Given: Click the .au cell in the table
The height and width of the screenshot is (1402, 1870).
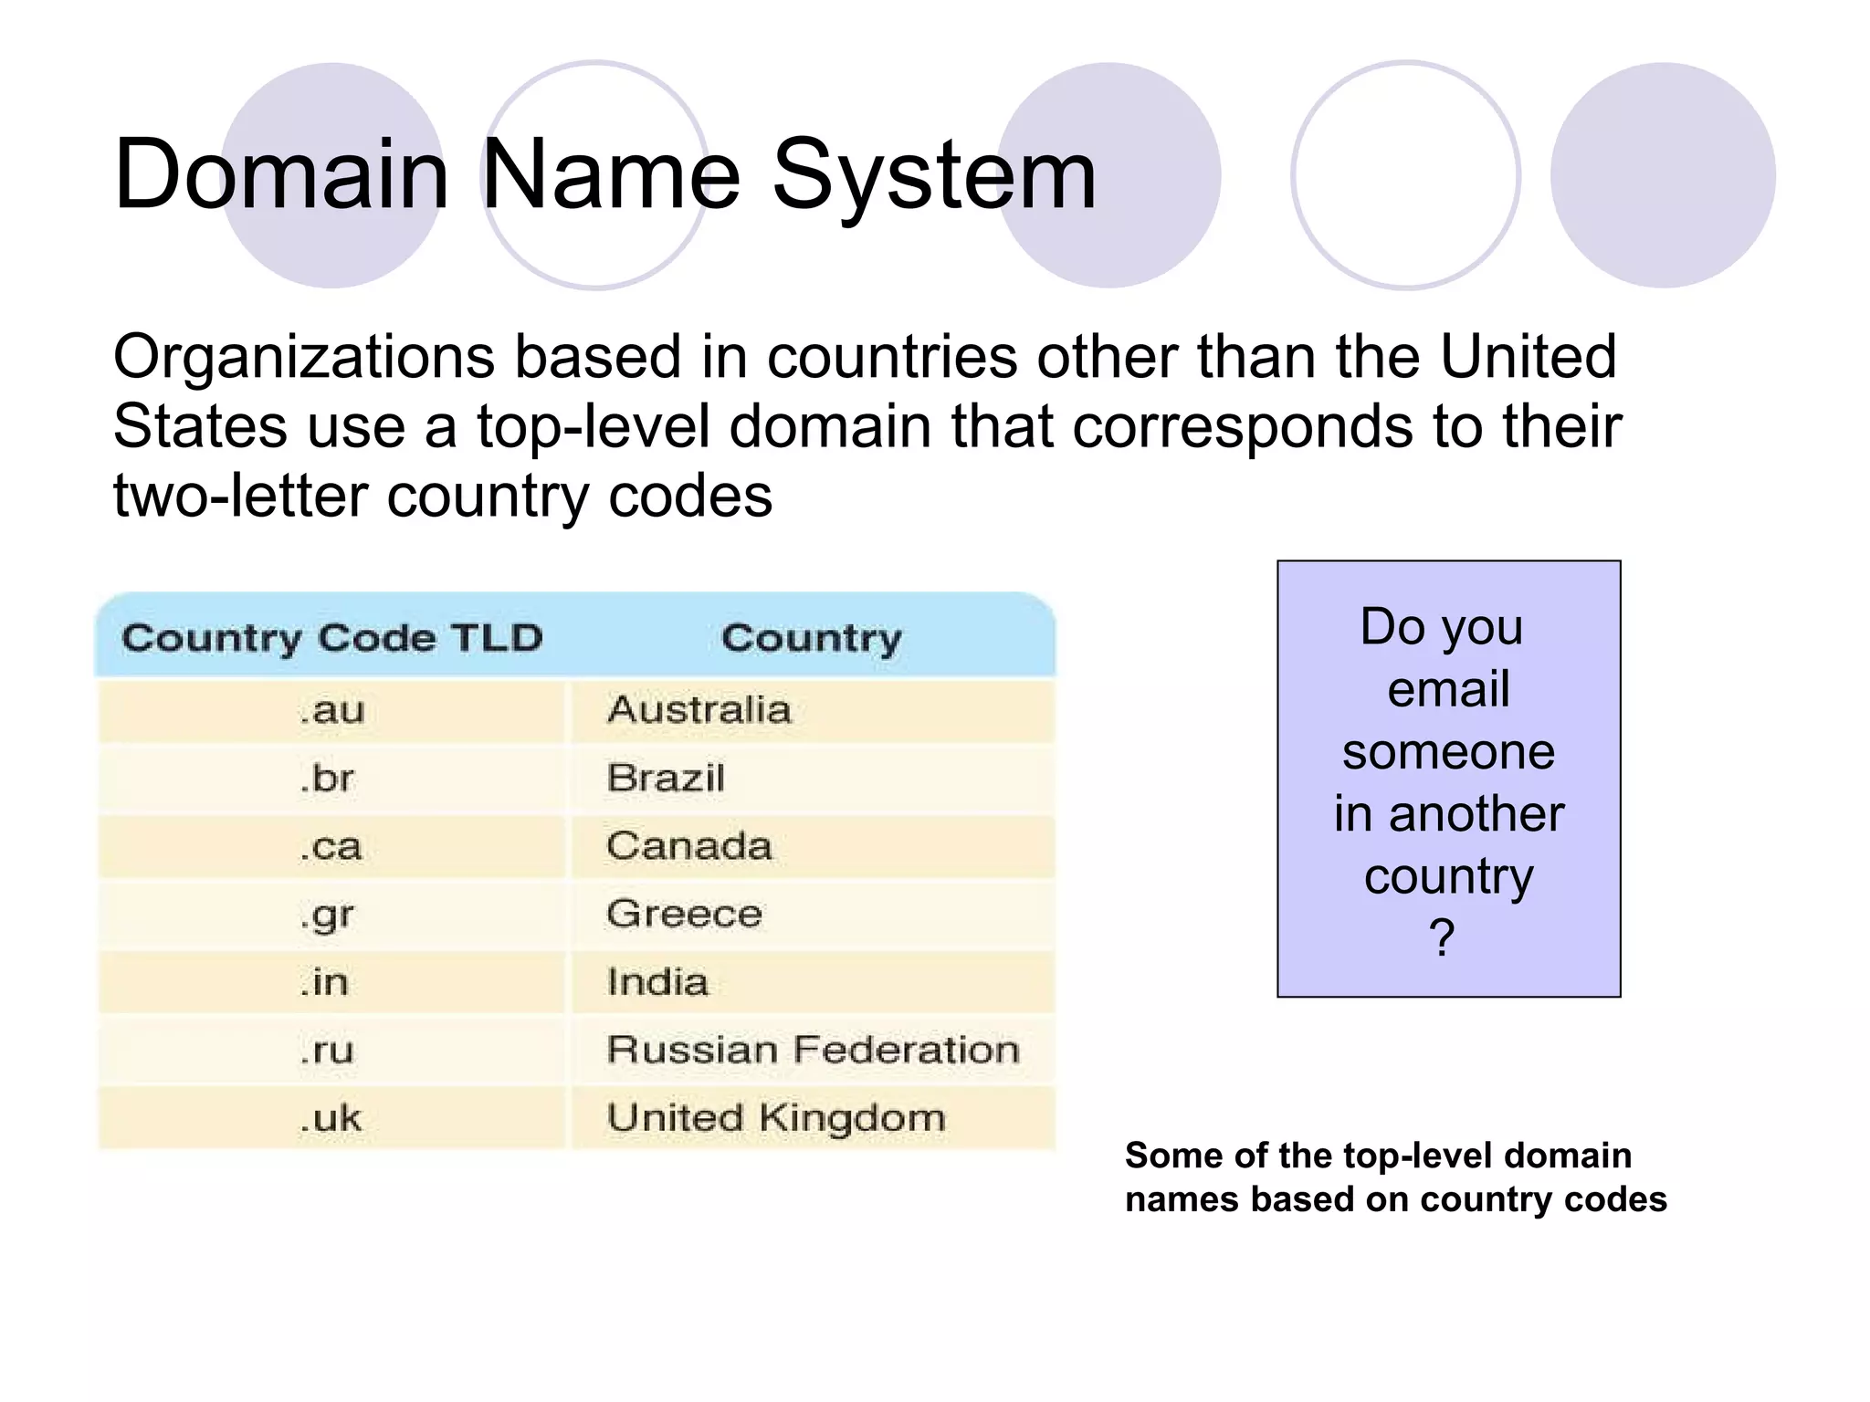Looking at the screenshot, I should (x=332, y=710).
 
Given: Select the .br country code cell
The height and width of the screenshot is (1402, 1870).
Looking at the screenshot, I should (x=327, y=779).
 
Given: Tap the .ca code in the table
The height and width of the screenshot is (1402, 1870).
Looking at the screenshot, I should (x=331, y=847).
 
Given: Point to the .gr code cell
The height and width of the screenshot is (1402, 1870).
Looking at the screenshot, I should (x=327, y=915).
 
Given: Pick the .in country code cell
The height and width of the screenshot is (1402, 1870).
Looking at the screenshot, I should (x=324, y=983).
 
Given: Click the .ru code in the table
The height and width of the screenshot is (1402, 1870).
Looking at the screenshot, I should (x=327, y=1051).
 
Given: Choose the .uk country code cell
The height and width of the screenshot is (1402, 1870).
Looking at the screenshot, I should (x=331, y=1118).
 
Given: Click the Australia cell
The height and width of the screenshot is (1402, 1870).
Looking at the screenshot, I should (x=699, y=710).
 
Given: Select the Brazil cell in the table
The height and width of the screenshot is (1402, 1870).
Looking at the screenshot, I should (x=666, y=779).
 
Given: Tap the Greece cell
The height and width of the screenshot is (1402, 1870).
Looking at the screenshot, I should (x=684, y=914).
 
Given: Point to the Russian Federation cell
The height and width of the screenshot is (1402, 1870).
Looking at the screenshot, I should (x=813, y=1051).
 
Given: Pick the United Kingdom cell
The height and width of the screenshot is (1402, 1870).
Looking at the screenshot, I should (x=776, y=1118).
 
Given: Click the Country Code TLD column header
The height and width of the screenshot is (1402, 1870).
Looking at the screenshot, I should (x=332, y=638).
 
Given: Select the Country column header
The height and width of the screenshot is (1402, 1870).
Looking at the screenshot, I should (x=811, y=638).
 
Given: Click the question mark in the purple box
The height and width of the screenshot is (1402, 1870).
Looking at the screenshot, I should (x=1442, y=937).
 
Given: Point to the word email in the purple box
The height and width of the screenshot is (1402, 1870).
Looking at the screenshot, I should (x=1448, y=688).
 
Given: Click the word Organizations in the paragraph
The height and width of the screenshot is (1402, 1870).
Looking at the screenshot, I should (x=304, y=357).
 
